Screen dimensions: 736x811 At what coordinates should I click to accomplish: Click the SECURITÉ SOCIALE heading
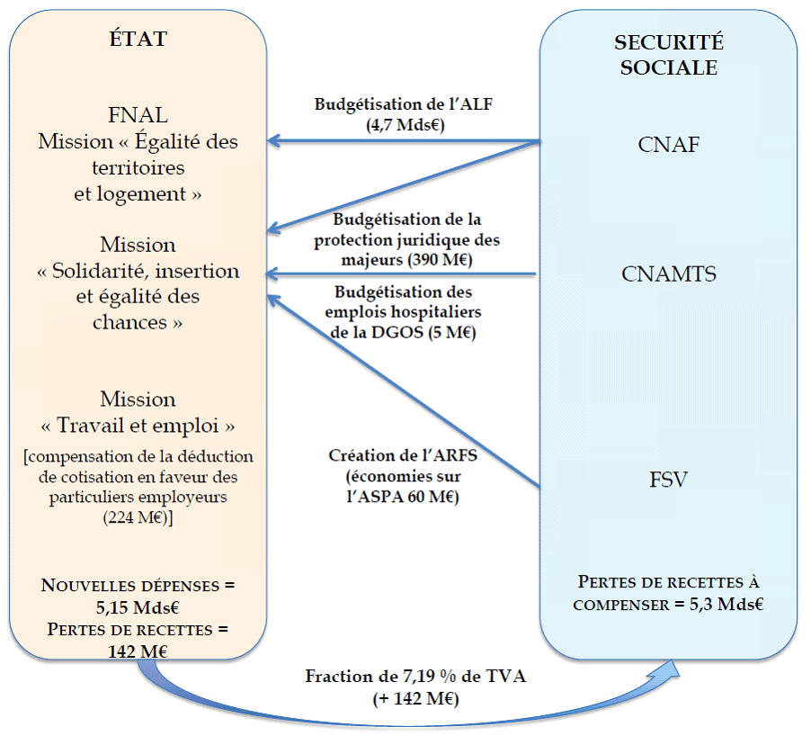[668, 55]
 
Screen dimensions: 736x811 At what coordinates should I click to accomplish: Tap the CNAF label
[668, 145]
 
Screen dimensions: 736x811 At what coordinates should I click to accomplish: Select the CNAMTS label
[669, 274]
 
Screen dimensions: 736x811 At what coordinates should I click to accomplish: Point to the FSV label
[668, 480]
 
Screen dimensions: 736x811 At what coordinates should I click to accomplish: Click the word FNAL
[138, 116]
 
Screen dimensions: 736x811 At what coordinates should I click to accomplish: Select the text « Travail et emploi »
[138, 424]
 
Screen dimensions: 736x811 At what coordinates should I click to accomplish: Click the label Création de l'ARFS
[402, 454]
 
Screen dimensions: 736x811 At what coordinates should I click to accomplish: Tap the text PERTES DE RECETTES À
[670, 581]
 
